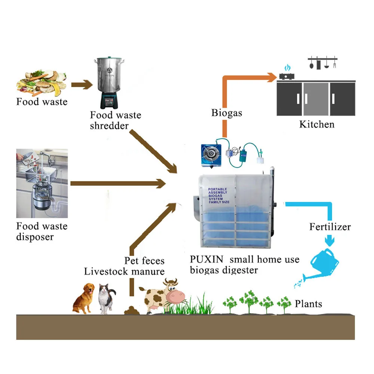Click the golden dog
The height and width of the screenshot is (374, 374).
tap(83, 298)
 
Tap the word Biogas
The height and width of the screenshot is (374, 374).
tap(226, 113)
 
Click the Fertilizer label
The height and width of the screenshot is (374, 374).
tap(330, 227)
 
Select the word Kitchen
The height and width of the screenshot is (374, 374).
tap(317, 124)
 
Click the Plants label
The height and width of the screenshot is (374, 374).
tap(308, 303)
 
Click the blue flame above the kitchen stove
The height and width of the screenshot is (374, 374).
tap(287, 68)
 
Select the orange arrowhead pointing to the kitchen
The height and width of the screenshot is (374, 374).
tap(272, 77)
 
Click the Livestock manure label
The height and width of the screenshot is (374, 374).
tap(124, 271)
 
